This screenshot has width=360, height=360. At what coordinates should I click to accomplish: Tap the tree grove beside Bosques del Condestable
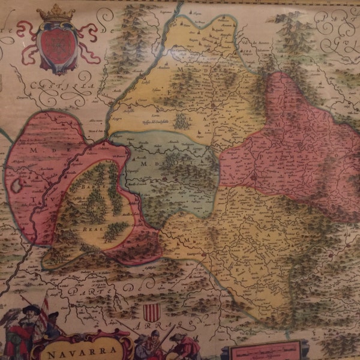[x=181, y=121]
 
